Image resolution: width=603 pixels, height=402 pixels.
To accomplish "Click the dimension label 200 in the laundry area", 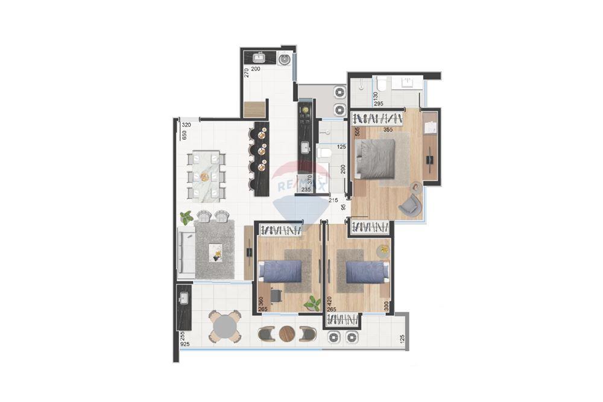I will coord(256,69).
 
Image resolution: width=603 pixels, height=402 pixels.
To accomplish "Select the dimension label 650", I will coord(185,135).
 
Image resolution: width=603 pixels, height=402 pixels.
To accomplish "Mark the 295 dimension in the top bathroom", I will coord(379,104).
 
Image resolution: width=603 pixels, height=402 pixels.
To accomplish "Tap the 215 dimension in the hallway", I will coord(333,199).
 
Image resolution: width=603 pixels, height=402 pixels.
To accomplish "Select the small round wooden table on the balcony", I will coord(288,333).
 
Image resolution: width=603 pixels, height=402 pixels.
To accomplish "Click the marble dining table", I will coord(206,176).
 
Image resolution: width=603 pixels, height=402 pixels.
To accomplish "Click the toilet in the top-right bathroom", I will coord(382,83).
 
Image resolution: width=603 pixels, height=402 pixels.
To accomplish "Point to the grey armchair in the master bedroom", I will coord(412,204).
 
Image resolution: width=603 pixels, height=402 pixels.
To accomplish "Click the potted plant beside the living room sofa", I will coord(186,217).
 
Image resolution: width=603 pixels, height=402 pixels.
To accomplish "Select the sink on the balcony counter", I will coord(184,298).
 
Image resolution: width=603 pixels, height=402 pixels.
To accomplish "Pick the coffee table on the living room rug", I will coord(215,251).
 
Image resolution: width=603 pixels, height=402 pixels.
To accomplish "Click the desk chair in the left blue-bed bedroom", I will coord(276,295).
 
